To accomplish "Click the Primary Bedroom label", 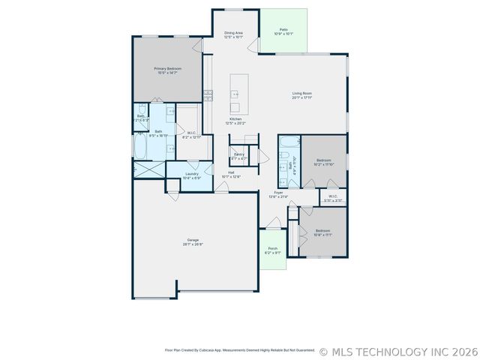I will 169,69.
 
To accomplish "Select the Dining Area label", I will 234,33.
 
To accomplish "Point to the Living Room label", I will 302,93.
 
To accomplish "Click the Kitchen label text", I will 235,119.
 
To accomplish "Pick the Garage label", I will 193,240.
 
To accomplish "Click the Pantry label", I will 238,154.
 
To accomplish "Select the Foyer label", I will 278,193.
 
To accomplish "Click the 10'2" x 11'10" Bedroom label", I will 324,160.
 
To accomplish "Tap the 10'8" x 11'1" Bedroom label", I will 323,230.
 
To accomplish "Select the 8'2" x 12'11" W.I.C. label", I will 192,133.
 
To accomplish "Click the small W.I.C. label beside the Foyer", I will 333,197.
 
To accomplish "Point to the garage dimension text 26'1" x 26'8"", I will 193,244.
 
